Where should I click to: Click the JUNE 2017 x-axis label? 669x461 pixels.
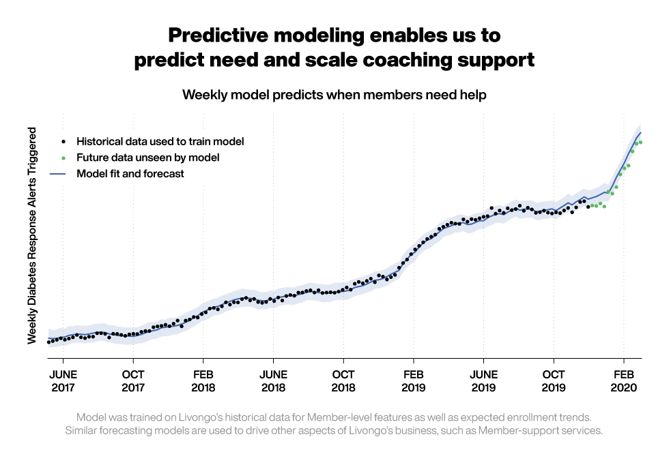pyautogui.click(x=63, y=381)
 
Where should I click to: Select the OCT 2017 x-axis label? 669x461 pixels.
pyautogui.click(x=133, y=381)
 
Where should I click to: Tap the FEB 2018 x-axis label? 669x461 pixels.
pyautogui.click(x=203, y=381)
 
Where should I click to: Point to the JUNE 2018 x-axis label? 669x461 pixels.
pyautogui.click(x=273, y=381)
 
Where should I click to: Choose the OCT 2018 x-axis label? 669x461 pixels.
pyautogui.click(x=343, y=381)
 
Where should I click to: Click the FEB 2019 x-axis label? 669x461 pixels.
pyautogui.click(x=414, y=381)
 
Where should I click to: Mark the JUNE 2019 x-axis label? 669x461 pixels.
pyautogui.click(x=483, y=381)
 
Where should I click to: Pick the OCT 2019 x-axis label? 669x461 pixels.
pyautogui.click(x=554, y=381)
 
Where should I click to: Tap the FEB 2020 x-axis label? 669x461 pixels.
pyautogui.click(x=624, y=381)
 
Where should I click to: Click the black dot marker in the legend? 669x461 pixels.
pyautogui.click(x=63, y=142)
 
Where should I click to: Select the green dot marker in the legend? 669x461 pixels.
pyautogui.click(x=63, y=158)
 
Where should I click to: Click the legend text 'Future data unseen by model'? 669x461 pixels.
pyautogui.click(x=147, y=158)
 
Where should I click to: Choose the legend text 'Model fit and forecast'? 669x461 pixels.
pyautogui.click(x=130, y=174)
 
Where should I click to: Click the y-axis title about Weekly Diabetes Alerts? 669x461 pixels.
pyautogui.click(x=32, y=229)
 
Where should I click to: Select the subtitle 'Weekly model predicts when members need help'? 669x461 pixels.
pyautogui.click(x=334, y=95)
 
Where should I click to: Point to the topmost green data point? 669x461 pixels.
pyautogui.click(x=640, y=142)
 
